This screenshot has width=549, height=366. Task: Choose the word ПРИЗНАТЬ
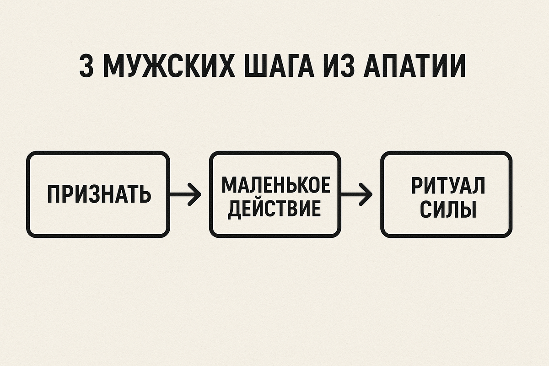(99, 195)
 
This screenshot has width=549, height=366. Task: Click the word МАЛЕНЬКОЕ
(275, 185)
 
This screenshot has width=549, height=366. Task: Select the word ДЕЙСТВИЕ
(274, 209)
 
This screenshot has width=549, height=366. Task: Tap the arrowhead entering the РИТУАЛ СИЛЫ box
(367, 195)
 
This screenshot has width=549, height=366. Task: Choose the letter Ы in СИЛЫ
(468, 210)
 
